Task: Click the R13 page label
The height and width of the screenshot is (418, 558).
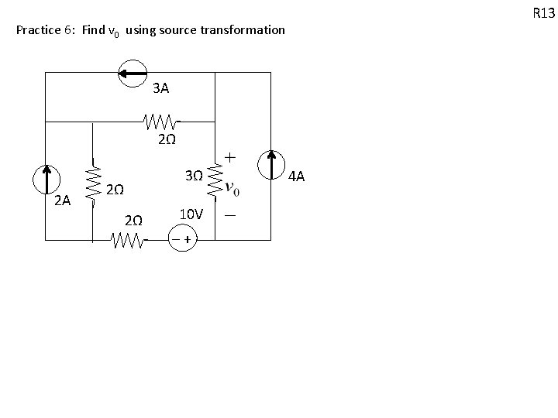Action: coord(543,12)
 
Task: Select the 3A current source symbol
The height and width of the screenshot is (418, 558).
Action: coord(132,73)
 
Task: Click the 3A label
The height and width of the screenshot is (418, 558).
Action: coord(161,88)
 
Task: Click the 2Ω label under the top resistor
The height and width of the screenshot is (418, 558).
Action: coord(166,140)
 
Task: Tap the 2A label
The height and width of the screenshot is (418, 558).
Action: coord(63,200)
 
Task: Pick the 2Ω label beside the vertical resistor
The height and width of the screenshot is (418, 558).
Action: coord(115,190)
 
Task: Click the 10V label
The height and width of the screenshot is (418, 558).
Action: coord(191,213)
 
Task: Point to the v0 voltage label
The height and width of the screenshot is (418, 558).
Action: coord(232,189)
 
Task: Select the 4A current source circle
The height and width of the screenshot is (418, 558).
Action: coord(272,165)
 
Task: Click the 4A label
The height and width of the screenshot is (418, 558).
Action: coord(297,178)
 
